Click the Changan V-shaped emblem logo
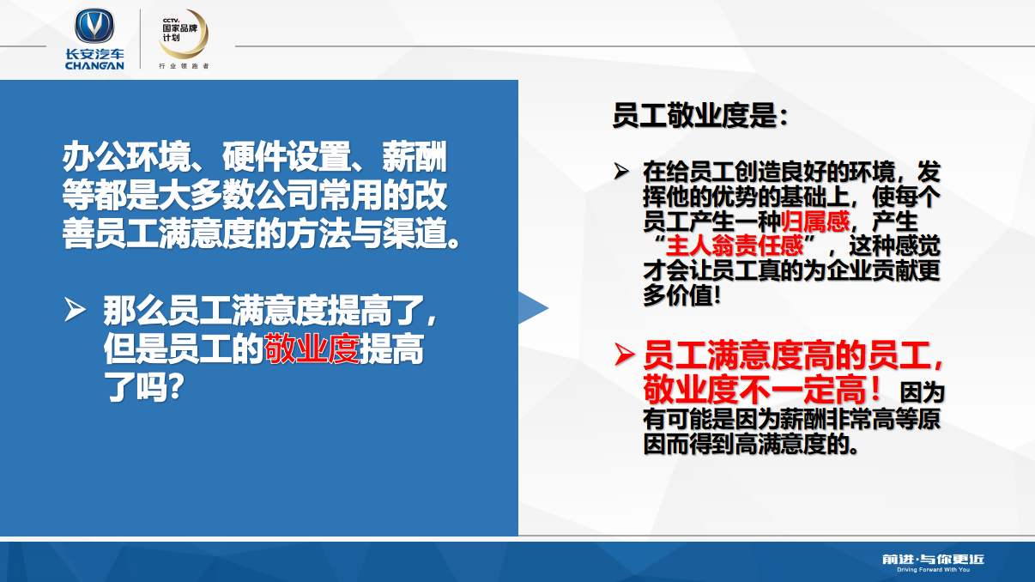pyautogui.click(x=94, y=26)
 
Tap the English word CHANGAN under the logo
pyautogui.click(x=94, y=65)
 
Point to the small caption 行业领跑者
pyautogui.click(x=184, y=66)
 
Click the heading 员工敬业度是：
pyautogui.click(x=700, y=115)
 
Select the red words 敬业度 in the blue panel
pyautogui.click(x=312, y=349)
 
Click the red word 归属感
pyautogui.click(x=815, y=221)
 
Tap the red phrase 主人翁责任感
pyautogui.click(x=735, y=246)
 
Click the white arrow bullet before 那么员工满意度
pyautogui.click(x=75, y=309)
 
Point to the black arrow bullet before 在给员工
pyautogui.click(x=621, y=171)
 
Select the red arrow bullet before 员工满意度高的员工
pyautogui.click(x=624, y=355)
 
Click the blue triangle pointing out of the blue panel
pyautogui.click(x=533, y=308)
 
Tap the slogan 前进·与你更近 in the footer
pyautogui.click(x=933, y=560)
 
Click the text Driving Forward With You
pyautogui.click(x=934, y=570)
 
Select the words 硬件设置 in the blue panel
pyautogui.click(x=286, y=156)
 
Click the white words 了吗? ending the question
pyautogui.click(x=143, y=387)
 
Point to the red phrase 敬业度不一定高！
pyautogui.click(x=762, y=391)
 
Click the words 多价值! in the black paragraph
pyautogui.click(x=681, y=295)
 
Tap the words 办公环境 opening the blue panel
pyautogui.click(x=126, y=156)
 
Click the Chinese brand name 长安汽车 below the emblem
pyautogui.click(x=94, y=54)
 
